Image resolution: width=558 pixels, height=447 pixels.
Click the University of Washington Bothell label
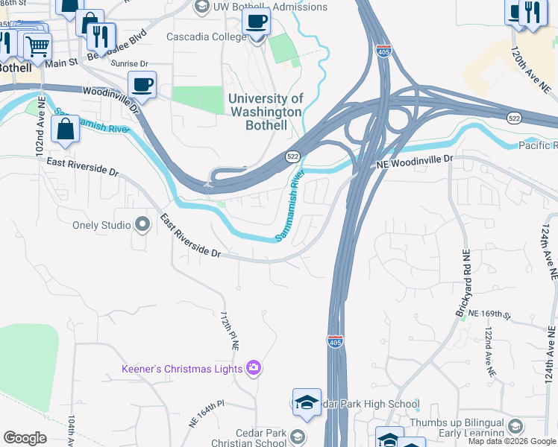tap(266, 112)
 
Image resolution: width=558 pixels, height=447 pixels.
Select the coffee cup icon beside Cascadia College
tap(257, 22)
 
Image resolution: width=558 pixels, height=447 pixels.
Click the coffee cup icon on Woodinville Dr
tap(142, 86)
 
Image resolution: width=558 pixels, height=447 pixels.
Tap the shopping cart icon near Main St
tap(37, 46)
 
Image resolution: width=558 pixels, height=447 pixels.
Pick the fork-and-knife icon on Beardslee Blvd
tap(101, 36)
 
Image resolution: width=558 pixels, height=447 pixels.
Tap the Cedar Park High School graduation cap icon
tap(307, 402)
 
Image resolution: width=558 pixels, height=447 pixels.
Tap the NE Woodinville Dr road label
tap(414, 159)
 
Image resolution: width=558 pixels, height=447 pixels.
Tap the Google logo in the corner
tap(25, 438)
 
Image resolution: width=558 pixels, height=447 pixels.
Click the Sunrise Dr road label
tap(130, 64)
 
